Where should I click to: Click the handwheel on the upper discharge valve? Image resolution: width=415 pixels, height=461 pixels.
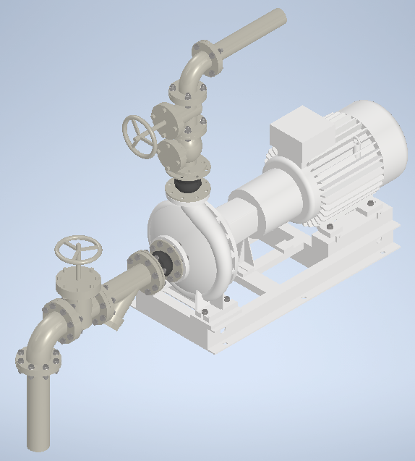tap(140, 135)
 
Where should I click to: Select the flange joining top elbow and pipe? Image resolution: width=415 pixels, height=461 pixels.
tap(211, 58)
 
